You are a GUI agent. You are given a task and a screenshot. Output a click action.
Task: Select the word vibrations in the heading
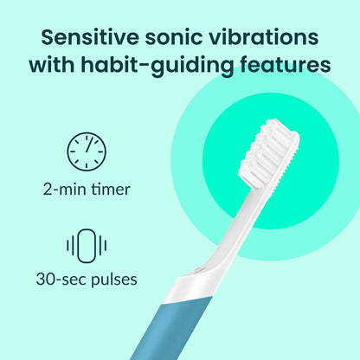tap(269, 38)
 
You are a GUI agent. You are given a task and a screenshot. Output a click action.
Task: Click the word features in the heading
tap(286, 66)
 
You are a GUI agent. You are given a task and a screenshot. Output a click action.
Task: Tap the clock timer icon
tap(86, 151)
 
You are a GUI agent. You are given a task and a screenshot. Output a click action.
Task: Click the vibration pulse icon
tap(86, 245)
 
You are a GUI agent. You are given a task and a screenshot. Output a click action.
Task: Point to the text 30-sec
tap(58, 280)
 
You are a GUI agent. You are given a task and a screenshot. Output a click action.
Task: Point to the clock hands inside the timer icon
tap(87, 149)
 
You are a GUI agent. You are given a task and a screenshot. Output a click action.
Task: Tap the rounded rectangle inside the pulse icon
tap(86, 245)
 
